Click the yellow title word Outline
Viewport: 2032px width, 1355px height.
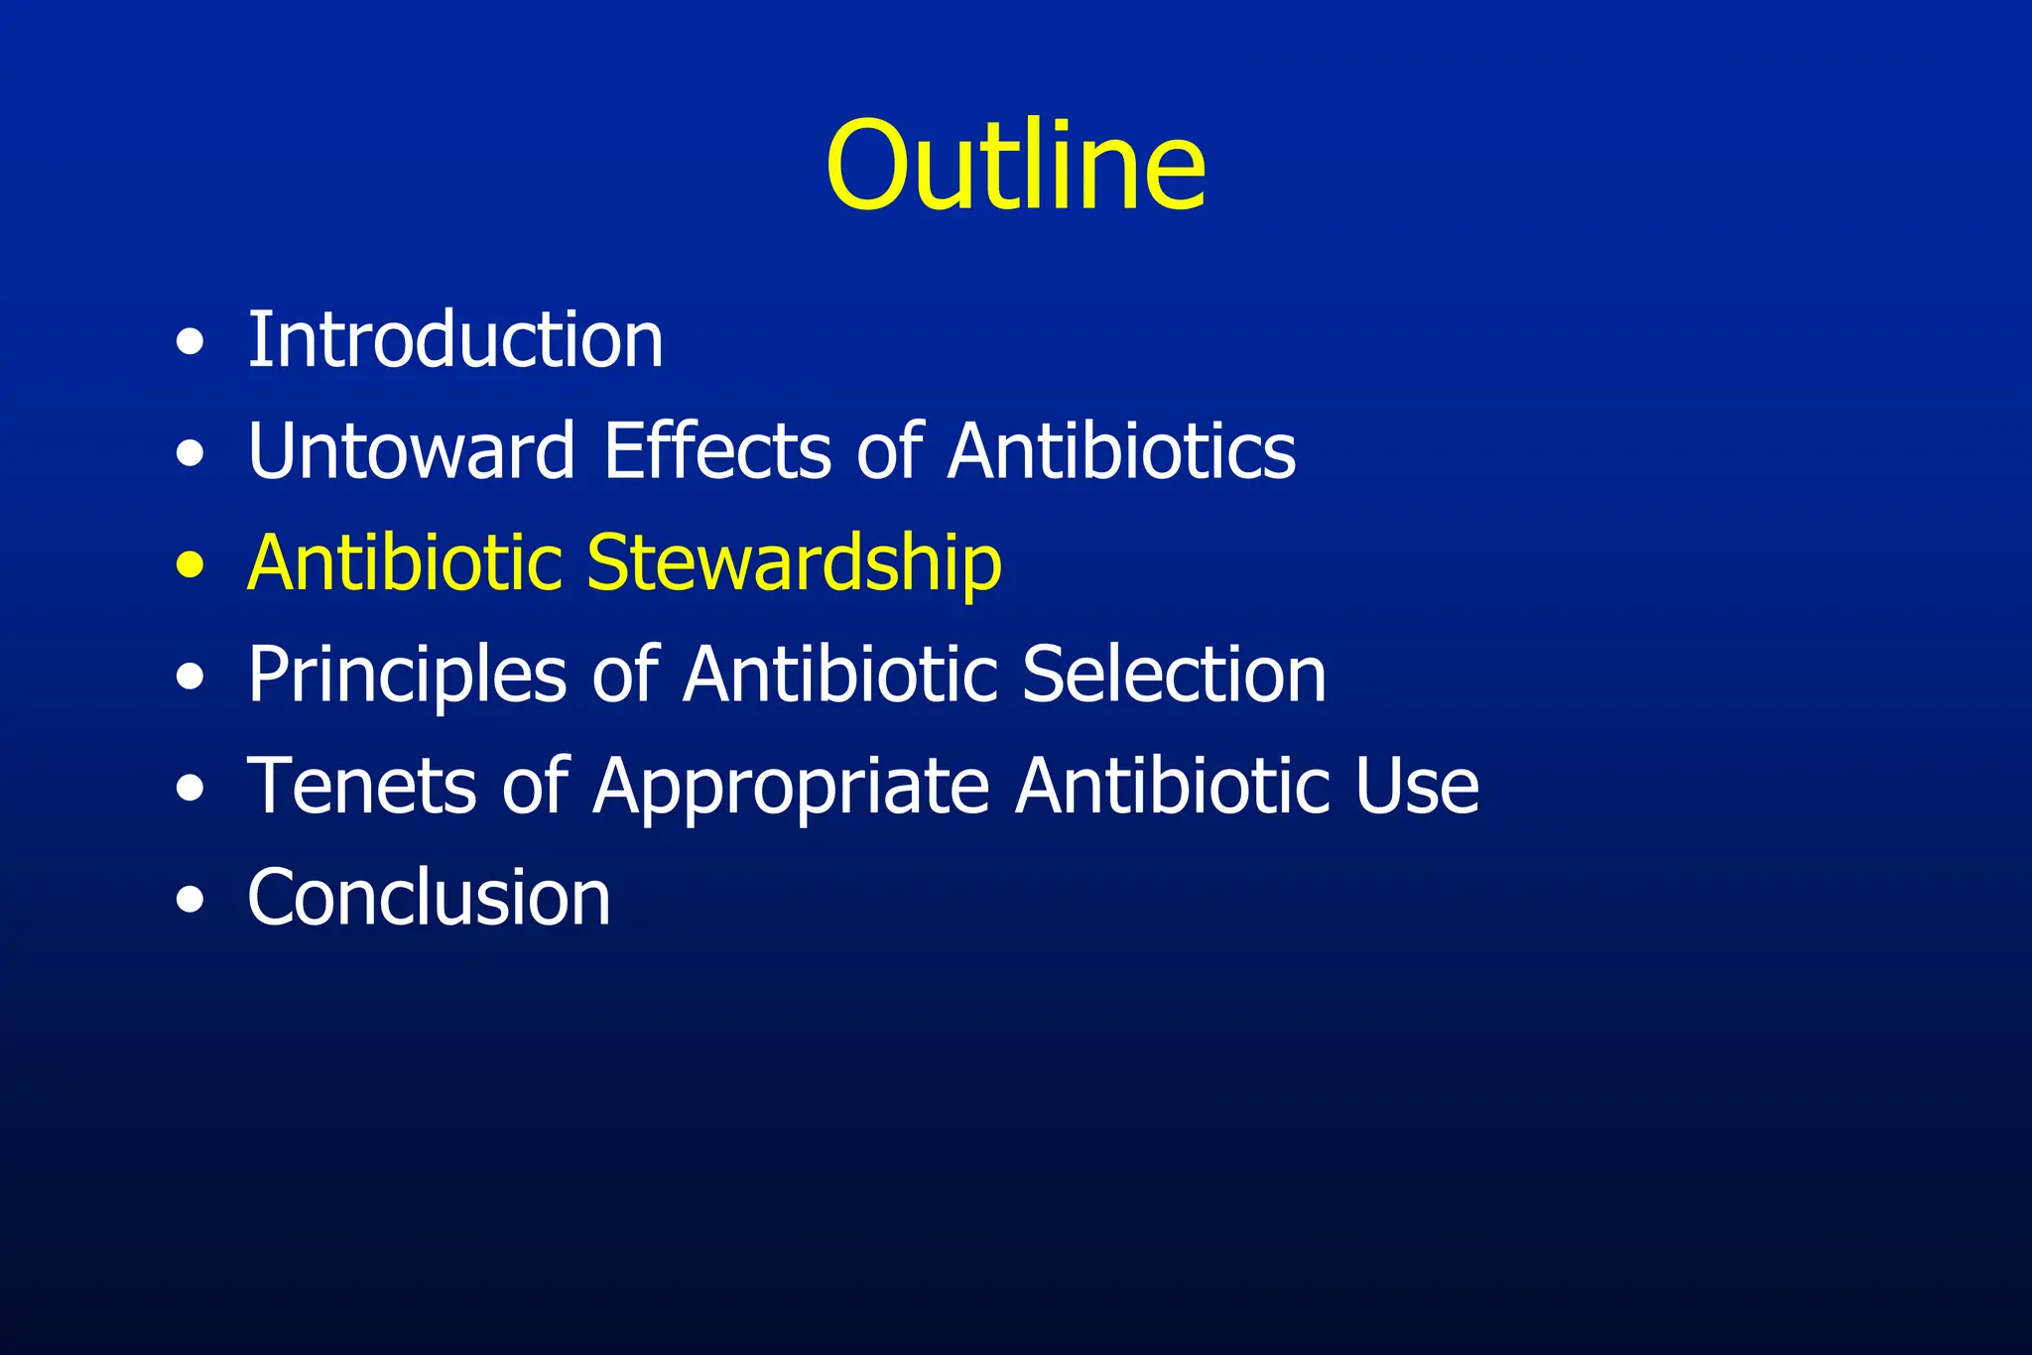point(1016,167)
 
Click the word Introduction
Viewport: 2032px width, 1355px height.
point(455,340)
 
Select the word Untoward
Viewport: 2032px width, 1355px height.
point(411,451)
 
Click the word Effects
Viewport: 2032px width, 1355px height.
point(717,451)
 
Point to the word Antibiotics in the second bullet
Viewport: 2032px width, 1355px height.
point(1121,451)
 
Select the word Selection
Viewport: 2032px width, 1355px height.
point(1174,675)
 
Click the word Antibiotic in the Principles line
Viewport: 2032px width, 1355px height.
point(838,675)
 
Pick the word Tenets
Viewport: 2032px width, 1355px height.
point(361,787)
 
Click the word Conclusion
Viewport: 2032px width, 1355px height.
point(429,898)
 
